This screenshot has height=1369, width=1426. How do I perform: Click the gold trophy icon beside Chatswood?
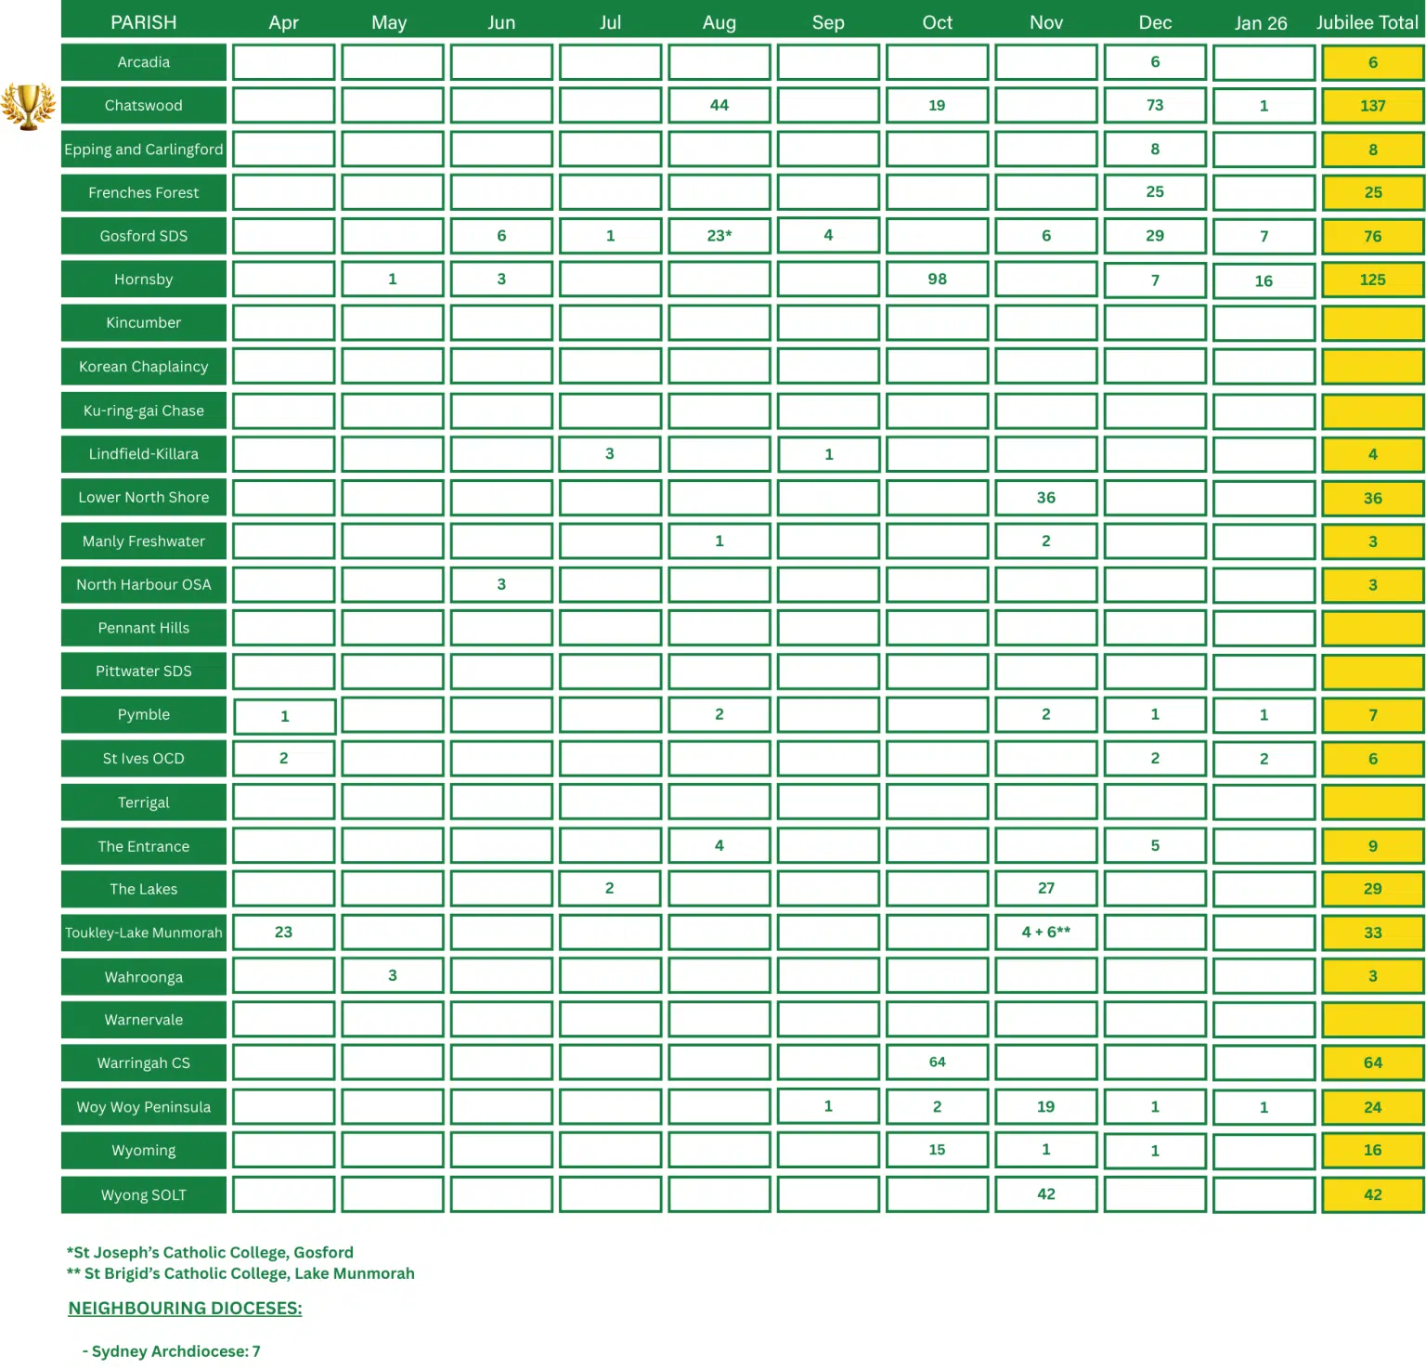(28, 106)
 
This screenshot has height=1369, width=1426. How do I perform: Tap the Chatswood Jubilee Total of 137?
(1372, 106)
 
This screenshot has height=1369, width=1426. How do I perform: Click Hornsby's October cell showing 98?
(937, 280)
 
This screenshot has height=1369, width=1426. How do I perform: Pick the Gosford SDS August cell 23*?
(719, 236)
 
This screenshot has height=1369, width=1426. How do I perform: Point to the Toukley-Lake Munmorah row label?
(144, 932)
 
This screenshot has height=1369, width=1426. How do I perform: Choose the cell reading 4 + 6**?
(1045, 932)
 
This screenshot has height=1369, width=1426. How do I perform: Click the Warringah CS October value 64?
(937, 1063)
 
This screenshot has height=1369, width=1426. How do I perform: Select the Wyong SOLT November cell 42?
(1045, 1194)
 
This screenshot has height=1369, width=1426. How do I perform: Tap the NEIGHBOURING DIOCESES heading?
(185, 1308)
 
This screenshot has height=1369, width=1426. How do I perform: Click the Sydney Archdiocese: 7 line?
(172, 1351)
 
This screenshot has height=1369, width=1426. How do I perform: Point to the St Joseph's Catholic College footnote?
(210, 1252)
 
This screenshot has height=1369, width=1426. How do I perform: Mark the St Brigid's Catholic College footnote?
(240, 1273)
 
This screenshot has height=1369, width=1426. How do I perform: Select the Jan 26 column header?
(1260, 23)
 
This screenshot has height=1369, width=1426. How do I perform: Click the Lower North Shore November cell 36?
(1045, 498)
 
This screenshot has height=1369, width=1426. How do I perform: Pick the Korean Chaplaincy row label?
(144, 367)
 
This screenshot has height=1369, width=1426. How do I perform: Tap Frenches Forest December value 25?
(1154, 192)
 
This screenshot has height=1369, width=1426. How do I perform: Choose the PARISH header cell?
(144, 22)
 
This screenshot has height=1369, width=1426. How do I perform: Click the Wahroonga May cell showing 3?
(392, 976)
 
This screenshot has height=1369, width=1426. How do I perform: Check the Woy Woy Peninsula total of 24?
(1372, 1107)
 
